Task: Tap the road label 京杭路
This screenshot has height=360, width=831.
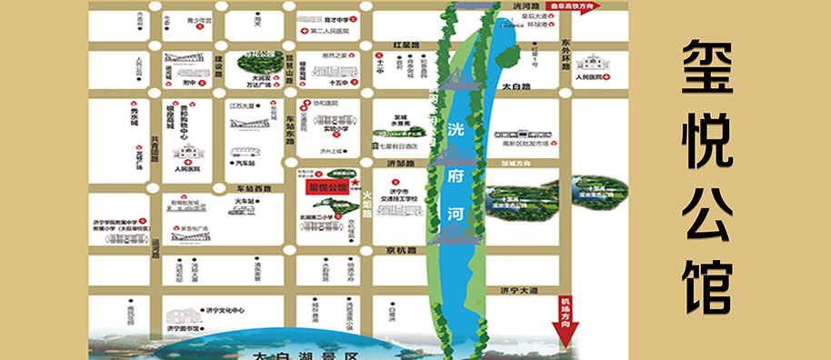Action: click(x=398, y=249)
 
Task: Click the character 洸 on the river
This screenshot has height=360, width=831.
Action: click(x=454, y=131)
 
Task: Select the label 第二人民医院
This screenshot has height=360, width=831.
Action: click(x=330, y=32)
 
